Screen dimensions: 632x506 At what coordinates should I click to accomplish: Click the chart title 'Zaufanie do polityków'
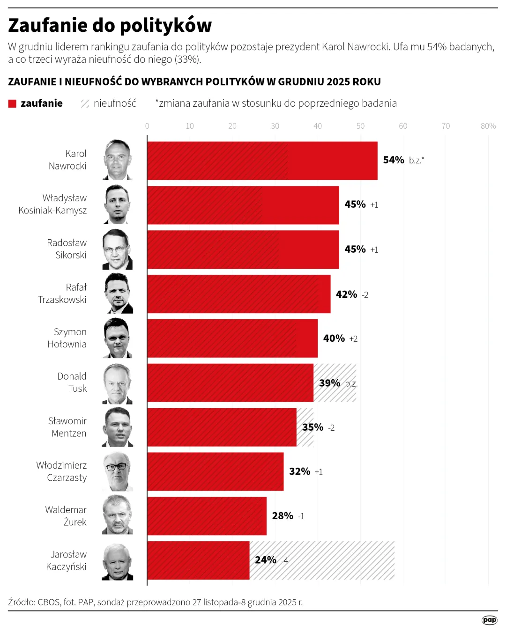tap(110, 25)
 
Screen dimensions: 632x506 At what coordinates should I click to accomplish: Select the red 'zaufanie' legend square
tap(12, 103)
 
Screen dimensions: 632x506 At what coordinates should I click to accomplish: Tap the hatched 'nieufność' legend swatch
tap(85, 103)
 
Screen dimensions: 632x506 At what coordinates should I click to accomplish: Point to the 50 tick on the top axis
tap(360, 126)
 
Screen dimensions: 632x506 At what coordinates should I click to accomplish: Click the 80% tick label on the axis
tap(488, 126)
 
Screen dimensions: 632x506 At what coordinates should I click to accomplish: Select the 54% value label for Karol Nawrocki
tap(394, 160)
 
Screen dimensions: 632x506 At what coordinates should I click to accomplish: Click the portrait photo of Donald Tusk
tap(117, 384)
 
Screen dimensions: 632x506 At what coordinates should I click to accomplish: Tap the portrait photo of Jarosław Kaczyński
tap(117, 562)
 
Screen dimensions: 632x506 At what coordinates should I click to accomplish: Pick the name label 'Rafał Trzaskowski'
tap(62, 294)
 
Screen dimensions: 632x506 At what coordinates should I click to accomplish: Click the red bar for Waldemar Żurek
tap(207, 516)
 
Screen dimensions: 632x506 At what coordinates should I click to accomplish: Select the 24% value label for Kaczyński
tap(266, 560)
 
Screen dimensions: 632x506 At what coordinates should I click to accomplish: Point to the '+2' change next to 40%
tap(353, 339)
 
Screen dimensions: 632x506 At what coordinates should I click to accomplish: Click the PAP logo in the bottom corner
tap(489, 620)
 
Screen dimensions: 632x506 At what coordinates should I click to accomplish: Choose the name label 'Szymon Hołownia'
tap(67, 338)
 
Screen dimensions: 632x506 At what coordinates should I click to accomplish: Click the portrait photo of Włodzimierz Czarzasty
tap(117, 472)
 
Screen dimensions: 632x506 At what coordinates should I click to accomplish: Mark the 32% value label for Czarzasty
tap(299, 471)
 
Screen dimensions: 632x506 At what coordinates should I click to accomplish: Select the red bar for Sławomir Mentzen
tap(222, 427)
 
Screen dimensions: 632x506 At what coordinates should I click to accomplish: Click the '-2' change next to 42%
tap(365, 295)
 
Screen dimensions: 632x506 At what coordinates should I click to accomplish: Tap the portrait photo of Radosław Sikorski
tap(117, 250)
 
